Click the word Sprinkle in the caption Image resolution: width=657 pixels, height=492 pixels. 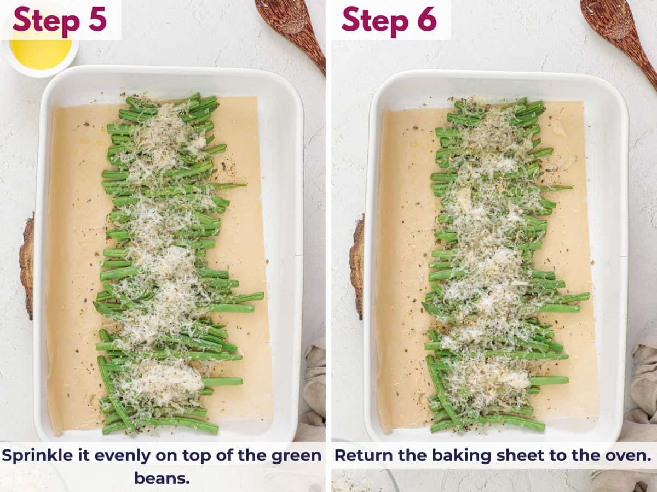tap(41, 455)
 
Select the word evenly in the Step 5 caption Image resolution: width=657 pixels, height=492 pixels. tap(126, 455)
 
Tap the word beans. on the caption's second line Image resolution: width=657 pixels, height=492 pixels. tap(162, 478)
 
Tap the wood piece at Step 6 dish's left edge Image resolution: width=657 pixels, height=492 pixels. tap(357, 268)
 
